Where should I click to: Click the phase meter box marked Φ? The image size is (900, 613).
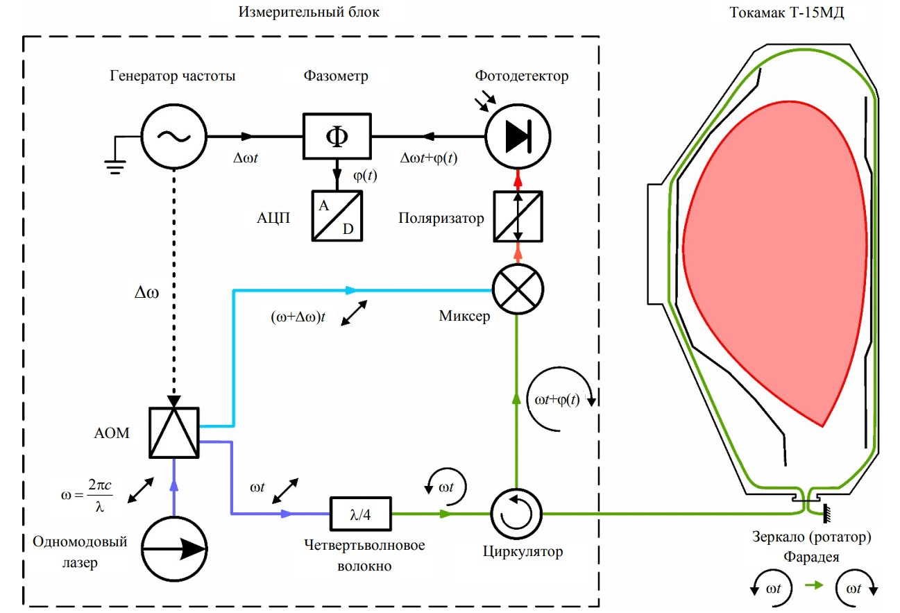337,136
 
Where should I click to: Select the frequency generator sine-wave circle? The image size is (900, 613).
173,136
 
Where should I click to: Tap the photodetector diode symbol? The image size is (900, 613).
517,136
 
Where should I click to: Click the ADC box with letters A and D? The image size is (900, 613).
337,216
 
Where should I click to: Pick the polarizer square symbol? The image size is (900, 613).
517,216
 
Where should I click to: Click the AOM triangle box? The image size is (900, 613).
174,433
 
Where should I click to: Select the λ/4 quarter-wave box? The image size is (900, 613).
360,514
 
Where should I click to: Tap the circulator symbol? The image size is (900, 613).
517,514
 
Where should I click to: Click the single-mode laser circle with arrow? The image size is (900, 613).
174,550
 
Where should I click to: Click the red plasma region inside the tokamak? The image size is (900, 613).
770,250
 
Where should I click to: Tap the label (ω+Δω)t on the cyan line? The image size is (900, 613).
299,317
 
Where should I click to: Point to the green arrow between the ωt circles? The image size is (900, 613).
813,587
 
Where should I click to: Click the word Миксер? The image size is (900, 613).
465,317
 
